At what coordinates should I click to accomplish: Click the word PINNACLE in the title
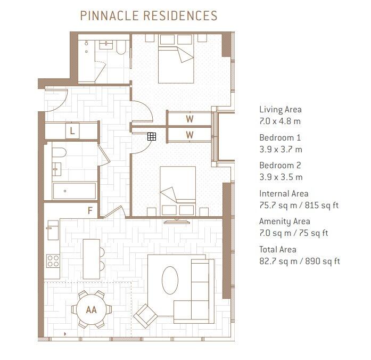coord(109,15)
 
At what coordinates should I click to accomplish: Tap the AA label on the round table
coord(92,309)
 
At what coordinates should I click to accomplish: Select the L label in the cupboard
coord(72,130)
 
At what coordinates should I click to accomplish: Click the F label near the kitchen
coord(90,210)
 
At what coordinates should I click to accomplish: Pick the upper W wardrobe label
coord(189,119)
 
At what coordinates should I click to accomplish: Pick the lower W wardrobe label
coord(189,135)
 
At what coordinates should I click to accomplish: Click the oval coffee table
coord(170,280)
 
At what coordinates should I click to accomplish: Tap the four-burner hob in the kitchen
coord(53,261)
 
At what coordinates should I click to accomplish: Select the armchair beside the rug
coord(145,316)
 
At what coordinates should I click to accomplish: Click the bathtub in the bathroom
coord(75,191)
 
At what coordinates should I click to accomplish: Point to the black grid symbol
coord(151,136)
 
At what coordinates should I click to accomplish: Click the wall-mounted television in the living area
coord(177,222)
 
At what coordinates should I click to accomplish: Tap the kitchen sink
coord(53,230)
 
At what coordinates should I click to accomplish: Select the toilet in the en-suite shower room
coord(121,47)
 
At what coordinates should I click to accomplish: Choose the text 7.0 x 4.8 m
coord(280,121)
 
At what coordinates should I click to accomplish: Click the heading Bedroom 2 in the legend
coord(280,165)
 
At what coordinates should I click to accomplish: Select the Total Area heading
coord(278,249)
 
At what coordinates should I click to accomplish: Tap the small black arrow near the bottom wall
coord(65,334)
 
